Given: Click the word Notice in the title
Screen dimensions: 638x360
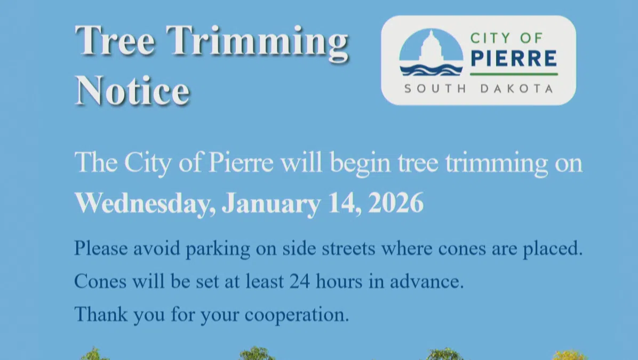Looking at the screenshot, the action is [x=133, y=90].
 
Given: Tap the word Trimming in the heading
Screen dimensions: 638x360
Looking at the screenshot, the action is [x=257, y=43].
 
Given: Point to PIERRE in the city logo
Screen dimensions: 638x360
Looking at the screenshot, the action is [x=514, y=58].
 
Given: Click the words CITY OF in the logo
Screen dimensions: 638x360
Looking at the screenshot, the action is [x=507, y=38].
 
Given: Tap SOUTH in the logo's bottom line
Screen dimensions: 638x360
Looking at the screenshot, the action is [x=435, y=89].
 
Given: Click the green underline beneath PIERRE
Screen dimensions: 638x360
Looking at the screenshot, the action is [x=514, y=74].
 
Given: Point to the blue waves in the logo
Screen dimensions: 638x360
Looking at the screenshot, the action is [x=432, y=70].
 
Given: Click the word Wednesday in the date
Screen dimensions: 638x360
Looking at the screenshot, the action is [x=145, y=203].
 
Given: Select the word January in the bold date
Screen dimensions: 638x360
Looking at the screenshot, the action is [x=271, y=203].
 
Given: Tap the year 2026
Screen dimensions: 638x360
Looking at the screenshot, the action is [x=396, y=203].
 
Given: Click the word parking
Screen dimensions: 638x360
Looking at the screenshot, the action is [x=218, y=248].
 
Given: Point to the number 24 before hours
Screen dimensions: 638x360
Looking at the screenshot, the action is [x=300, y=281].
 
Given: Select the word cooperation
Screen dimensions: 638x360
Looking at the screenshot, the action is [x=297, y=315].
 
